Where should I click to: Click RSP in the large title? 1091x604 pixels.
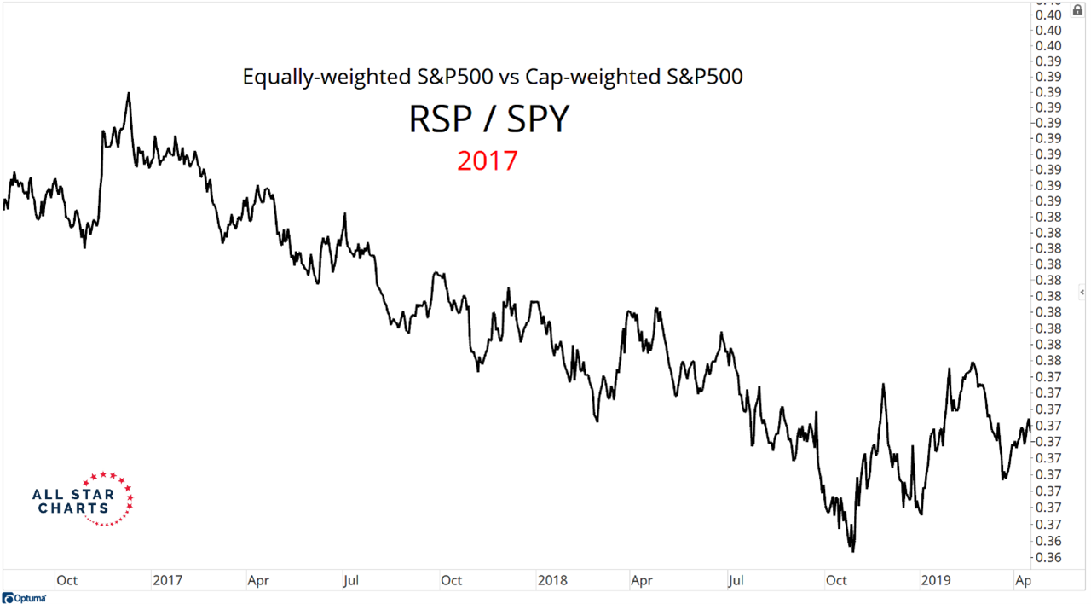pos(440,120)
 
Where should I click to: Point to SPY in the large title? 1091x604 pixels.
pos(538,120)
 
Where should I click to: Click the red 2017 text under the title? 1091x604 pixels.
pos(487,160)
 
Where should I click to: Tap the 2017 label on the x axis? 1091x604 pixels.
pos(168,580)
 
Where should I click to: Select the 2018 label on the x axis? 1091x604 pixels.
pos(553,580)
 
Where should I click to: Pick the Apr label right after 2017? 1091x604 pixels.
pos(258,580)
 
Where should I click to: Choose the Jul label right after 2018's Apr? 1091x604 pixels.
pos(736,580)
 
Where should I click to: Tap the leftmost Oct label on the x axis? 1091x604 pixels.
pos(66,580)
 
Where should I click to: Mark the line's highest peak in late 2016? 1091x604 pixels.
pos(128,93)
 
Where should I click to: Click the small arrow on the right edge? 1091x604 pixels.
pos(1082,292)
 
